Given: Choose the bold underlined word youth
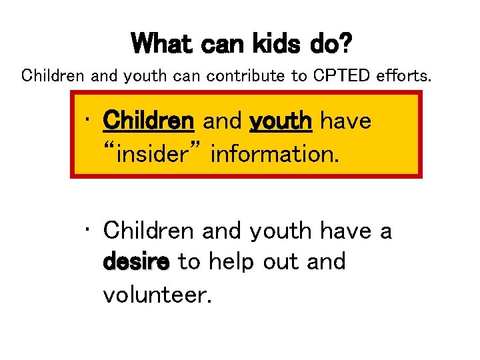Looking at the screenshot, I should pyautogui.click(x=281, y=121).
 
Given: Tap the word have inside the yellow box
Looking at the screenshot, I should pyautogui.click(x=345, y=121).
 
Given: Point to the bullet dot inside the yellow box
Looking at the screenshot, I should pyautogui.click(x=89, y=122).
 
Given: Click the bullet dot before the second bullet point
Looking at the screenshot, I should pyautogui.click(x=89, y=231).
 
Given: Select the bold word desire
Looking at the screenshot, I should pyautogui.click(x=137, y=262).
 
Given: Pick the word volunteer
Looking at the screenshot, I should pyautogui.click(x=157, y=293).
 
